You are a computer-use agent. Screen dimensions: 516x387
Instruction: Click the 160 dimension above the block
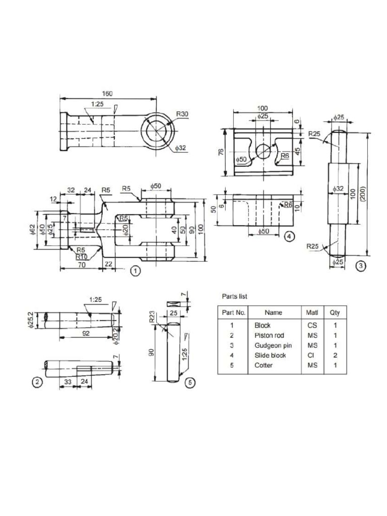pos(107,94)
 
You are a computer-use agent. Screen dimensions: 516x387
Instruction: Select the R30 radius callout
pos(182,114)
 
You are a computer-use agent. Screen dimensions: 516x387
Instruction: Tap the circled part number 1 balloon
pos(135,271)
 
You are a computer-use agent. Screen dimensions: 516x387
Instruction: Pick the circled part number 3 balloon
pos(361,266)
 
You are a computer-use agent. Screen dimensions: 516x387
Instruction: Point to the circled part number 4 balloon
pos(288,236)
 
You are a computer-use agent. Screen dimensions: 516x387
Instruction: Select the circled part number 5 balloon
pos(189,382)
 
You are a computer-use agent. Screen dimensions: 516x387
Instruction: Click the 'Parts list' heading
pos(234,296)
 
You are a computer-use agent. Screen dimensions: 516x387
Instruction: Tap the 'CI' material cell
pos(312,355)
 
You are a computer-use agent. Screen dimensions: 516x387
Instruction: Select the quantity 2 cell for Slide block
pos(335,355)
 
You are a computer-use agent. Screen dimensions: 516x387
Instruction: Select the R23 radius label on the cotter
pos(152,317)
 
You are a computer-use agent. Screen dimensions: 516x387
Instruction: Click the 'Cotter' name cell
pos(264,365)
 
